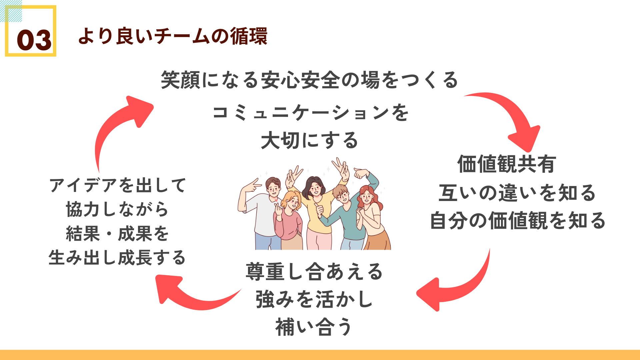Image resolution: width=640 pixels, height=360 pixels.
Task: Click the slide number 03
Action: tap(34, 40)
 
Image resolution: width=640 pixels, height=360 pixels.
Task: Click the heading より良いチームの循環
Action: tap(173, 36)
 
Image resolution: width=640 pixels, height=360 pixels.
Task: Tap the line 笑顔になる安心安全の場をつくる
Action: tap(310, 80)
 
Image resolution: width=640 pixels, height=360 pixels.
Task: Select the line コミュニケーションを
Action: tap(311, 112)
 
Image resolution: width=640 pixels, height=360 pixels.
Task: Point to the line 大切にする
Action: tap(309, 140)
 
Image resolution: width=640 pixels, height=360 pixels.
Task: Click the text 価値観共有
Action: tap(507, 164)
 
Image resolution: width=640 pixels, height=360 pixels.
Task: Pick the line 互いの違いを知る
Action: tap(517, 193)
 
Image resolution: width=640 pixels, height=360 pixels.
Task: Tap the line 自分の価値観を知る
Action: tap(518, 221)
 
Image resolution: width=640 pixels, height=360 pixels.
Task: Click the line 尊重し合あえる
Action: tap(314, 271)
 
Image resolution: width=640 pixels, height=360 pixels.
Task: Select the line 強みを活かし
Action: tap(314, 299)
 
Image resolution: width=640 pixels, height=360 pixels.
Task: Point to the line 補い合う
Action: tap(314, 327)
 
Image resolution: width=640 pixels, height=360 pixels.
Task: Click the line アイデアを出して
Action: tap(118, 185)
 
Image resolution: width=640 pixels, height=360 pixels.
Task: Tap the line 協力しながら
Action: tap(117, 209)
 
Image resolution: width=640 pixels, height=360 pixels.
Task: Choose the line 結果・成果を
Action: tap(117, 233)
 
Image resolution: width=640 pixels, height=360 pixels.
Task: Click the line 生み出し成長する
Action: tap(117, 258)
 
